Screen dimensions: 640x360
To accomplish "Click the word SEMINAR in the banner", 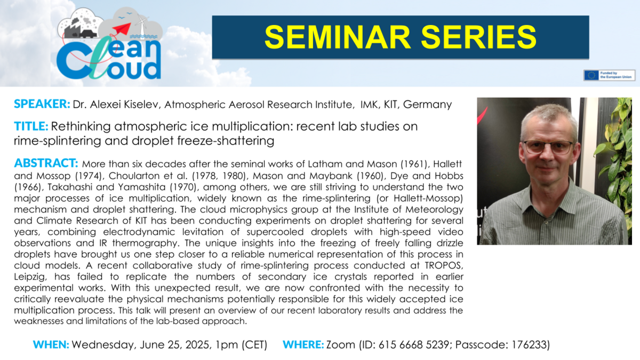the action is [338, 37].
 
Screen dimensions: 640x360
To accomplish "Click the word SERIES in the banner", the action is [478, 37].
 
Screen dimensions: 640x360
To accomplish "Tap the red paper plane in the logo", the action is [122, 28].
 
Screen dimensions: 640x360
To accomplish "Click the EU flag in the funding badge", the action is [591, 75].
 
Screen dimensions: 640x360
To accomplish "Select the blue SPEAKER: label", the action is [42, 104].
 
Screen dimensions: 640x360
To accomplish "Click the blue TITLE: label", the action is [31, 126].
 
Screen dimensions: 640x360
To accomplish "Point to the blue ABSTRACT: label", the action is [46, 163].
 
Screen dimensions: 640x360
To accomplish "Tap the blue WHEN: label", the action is [51, 345].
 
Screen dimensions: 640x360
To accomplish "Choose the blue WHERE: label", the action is [303, 345].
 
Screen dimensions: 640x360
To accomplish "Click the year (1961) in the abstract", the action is [414, 164].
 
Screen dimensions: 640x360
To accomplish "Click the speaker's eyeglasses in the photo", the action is [548, 147].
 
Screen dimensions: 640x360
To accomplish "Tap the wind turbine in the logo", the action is [141, 25].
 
